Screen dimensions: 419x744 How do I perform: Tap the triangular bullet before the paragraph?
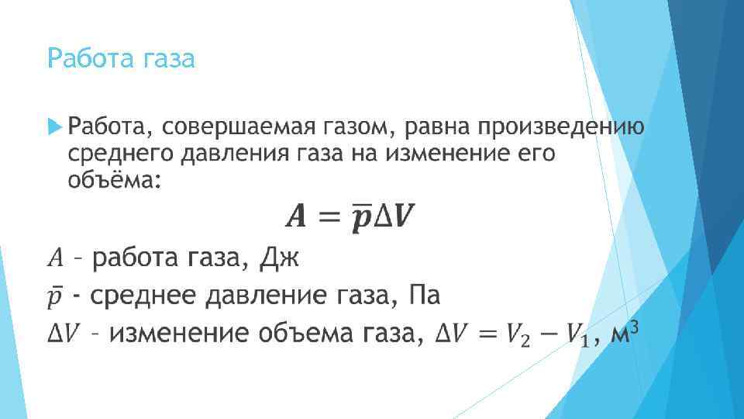tap(53, 126)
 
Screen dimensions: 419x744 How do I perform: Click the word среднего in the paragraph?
tap(120, 154)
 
